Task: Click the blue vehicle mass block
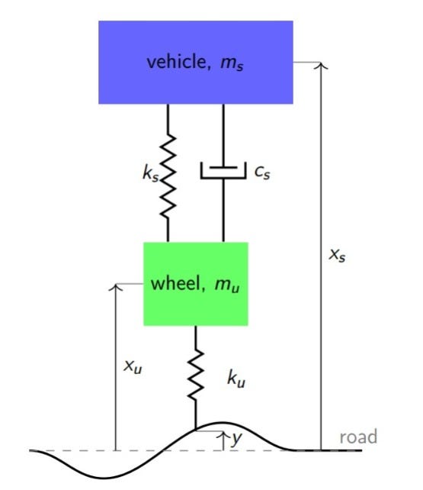click(x=196, y=84)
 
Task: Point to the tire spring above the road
click(x=197, y=374)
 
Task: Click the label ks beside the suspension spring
click(x=149, y=174)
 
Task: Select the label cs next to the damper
click(x=262, y=172)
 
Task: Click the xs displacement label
click(x=337, y=254)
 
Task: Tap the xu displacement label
click(x=133, y=366)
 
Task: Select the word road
click(x=357, y=437)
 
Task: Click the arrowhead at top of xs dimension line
click(x=322, y=66)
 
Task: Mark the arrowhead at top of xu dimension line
click(x=115, y=288)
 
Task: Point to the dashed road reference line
click(x=76, y=450)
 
